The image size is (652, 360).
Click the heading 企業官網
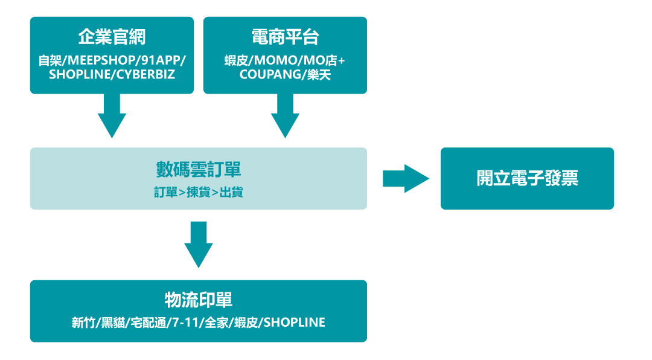point(112,37)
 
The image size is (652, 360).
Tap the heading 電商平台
point(285,37)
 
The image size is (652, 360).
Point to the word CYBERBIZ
point(145,74)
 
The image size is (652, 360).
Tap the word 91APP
point(161,60)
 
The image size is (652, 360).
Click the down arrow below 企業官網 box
point(112,116)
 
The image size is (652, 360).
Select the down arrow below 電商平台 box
point(285,116)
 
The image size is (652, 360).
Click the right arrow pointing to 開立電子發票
point(406,179)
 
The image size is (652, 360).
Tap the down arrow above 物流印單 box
point(199,245)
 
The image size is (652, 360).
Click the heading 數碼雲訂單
point(199,169)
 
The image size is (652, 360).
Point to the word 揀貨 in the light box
point(199,192)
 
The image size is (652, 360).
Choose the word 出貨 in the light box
point(231,192)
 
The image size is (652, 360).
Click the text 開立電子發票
point(527,178)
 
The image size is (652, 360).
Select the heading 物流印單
point(199,300)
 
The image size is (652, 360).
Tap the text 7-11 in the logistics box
point(185,323)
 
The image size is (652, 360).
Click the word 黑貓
point(113,323)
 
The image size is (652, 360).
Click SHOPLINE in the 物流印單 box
point(295,323)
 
